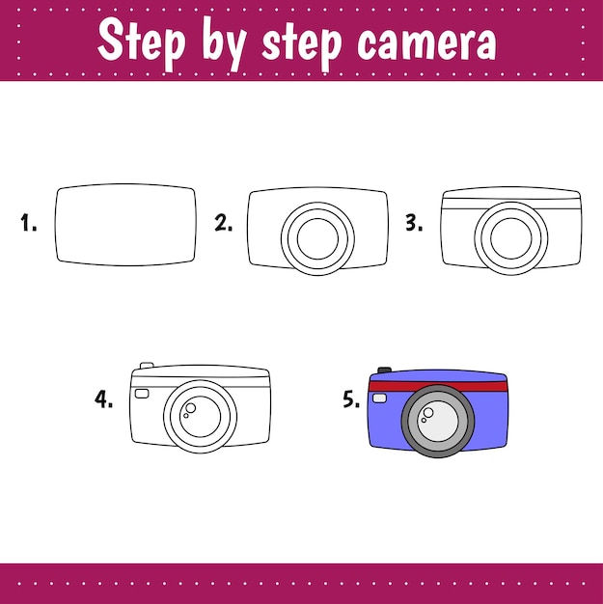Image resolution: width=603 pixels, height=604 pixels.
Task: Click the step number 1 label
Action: pos(29,225)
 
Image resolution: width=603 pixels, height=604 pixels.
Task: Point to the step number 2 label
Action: pos(223,225)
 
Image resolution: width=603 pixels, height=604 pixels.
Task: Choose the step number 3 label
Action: pos(414,225)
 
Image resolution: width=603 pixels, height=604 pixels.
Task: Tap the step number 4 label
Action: pos(104,398)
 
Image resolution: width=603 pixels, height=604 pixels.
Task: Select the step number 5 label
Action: pos(351,398)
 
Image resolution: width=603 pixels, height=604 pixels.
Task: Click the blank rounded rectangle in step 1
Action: pos(125,225)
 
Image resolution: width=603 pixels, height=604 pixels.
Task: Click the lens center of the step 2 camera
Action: pos(318,237)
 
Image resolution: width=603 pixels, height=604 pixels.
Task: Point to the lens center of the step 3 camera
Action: pos(510,237)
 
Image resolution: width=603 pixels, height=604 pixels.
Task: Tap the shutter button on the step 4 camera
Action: pos(147,366)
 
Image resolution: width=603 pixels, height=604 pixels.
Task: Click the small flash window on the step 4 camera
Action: pos(142,394)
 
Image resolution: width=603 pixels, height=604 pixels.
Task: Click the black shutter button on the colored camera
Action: pos(384,369)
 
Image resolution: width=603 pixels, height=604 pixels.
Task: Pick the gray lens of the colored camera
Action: pos(439,421)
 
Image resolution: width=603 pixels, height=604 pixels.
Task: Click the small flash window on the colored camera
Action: pos(379,398)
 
